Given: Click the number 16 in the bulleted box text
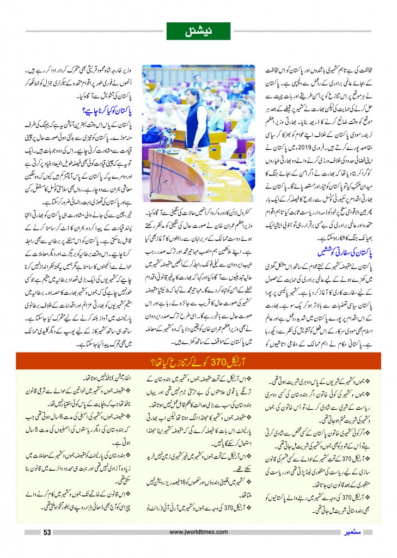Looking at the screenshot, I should (184, 480).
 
